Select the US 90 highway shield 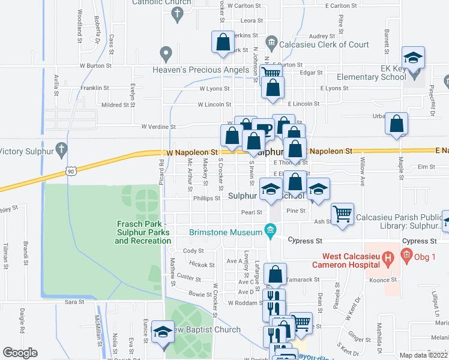(70, 172)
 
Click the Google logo (20, 353)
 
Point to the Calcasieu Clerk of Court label (324, 44)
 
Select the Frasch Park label (143, 232)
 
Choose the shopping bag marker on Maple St (397, 124)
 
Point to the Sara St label (74, 302)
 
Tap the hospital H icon (388, 260)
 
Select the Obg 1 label (424, 257)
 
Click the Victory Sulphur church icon (61, 148)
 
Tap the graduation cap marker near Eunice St (163, 332)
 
